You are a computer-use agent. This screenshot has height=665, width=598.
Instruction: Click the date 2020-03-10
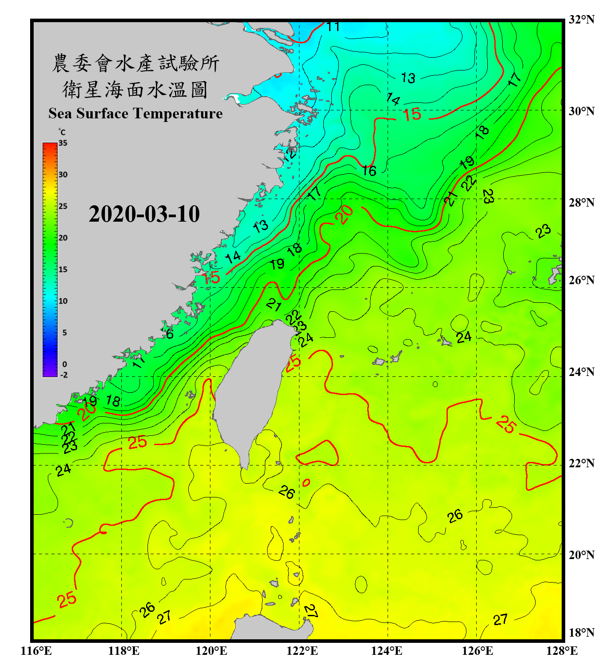pos(144,214)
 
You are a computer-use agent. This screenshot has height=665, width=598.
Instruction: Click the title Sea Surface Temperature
pos(136,113)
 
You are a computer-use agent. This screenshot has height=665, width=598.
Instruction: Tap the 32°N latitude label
pos(582,20)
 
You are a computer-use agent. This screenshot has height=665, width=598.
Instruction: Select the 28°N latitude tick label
pos(582,203)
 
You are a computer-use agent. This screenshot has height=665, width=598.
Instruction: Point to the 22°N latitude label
pos(582,463)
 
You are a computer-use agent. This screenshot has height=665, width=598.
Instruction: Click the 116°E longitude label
pos(36,651)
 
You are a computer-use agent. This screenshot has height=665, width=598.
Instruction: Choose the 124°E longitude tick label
pos(387,651)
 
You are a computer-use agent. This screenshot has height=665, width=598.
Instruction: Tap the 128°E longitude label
pos(562,651)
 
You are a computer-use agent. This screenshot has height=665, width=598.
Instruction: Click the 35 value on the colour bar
pos(63,143)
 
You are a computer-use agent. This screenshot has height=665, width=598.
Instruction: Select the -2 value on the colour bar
pos(64,375)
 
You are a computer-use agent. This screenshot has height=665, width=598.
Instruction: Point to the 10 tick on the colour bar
pos(63,301)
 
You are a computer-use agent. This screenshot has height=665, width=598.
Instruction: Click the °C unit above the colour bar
pos(62,132)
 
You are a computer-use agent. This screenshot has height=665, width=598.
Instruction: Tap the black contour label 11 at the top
pos(333,27)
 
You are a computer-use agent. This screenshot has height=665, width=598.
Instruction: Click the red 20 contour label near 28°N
pos(344,215)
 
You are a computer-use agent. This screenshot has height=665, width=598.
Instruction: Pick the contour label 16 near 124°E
pos(369,171)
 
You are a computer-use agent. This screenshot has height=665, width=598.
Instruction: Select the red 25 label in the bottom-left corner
pos(67,600)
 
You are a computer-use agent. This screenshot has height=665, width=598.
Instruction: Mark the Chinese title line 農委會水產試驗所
pos(136,63)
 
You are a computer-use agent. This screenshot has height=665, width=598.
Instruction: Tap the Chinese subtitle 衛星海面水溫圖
pos(136,90)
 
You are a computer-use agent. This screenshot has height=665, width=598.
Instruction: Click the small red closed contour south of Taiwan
pos(306,482)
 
